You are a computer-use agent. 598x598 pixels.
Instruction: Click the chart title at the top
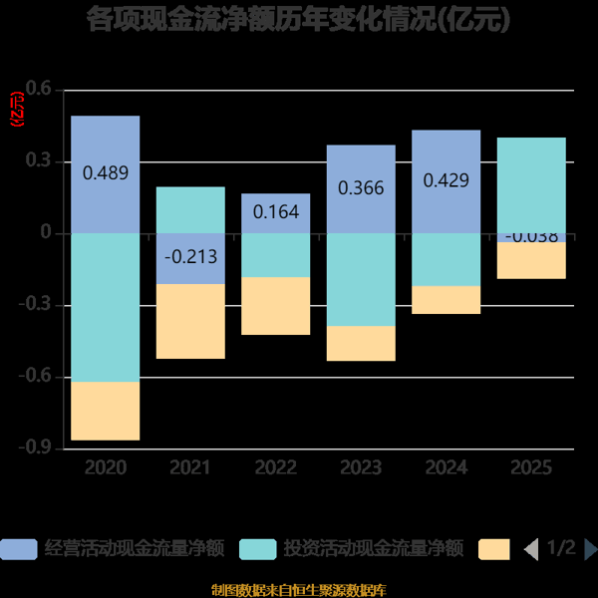(299, 19)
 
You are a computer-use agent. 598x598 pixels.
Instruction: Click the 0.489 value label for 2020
(106, 172)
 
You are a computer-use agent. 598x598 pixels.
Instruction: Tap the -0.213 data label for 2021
(190, 257)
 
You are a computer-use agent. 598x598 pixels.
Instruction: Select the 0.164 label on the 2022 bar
(276, 211)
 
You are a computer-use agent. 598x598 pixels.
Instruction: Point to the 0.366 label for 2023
(361, 186)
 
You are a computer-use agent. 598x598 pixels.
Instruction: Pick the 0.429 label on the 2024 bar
(446, 180)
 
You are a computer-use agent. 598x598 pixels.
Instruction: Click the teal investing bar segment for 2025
(531, 185)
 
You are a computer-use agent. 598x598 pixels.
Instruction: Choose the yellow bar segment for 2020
(106, 411)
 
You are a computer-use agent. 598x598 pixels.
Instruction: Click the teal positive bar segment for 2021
(190, 210)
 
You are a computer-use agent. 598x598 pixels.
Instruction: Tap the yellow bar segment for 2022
(276, 306)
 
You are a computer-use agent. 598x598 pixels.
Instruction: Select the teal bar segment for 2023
(361, 280)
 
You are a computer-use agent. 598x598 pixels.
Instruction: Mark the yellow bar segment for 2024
(446, 300)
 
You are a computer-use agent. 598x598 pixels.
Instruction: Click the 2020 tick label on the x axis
(106, 466)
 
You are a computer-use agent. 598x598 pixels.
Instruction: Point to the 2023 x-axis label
(361, 466)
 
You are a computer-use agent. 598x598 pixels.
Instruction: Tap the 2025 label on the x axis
(531, 466)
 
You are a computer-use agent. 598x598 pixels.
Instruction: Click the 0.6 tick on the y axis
(38, 91)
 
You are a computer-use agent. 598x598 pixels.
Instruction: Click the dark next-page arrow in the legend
(590, 549)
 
